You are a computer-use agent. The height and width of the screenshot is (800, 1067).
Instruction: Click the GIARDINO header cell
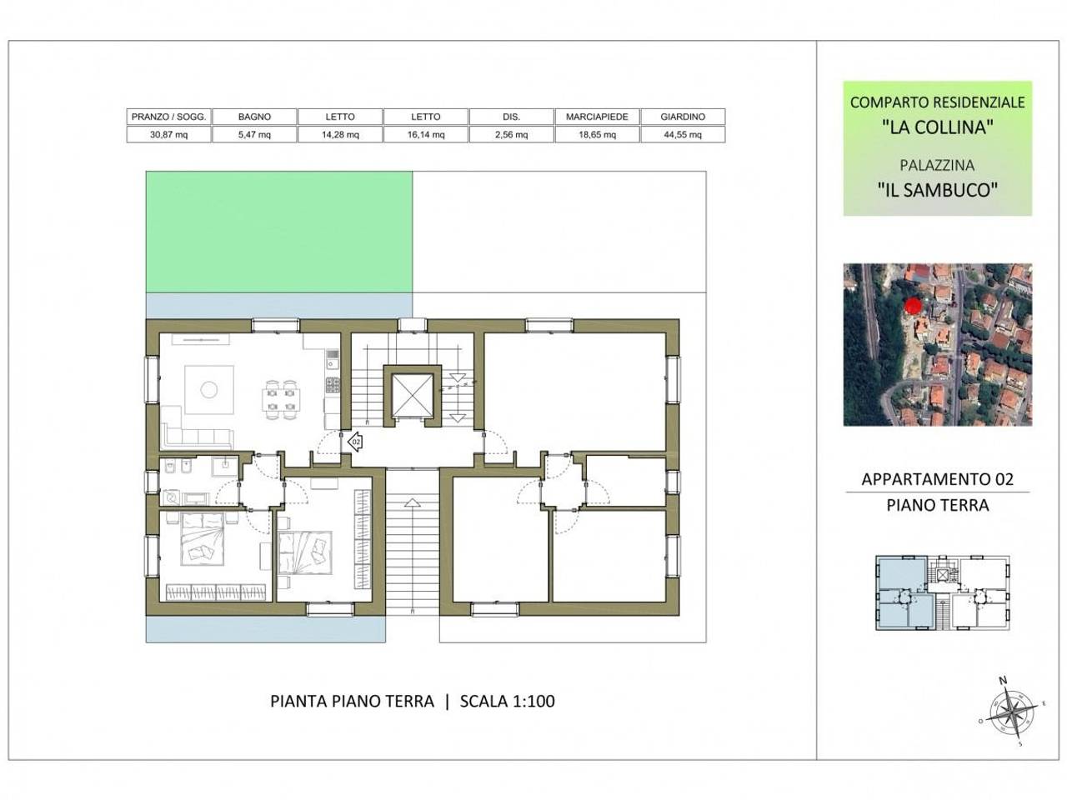click(683, 117)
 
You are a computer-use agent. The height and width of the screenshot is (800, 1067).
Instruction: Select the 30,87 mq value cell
click(168, 134)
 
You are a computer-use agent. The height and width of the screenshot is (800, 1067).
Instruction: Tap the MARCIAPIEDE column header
click(597, 117)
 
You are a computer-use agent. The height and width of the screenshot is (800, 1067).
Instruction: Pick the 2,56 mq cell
click(511, 134)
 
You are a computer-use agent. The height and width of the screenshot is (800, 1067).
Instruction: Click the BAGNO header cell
click(254, 117)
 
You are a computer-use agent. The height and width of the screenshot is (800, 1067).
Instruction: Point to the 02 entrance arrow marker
click(355, 442)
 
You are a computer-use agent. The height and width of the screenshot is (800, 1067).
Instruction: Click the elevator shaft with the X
click(413, 395)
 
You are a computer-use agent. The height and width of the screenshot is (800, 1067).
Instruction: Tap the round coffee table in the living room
click(209, 389)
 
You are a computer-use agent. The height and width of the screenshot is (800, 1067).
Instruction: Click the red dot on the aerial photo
click(913, 306)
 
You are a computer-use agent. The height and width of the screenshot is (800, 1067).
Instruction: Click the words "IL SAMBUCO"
click(937, 189)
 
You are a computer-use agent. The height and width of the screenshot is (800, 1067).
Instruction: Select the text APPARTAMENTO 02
click(937, 479)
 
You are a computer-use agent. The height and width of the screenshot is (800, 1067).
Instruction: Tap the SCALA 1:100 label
click(507, 701)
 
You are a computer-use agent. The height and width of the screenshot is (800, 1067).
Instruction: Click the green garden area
click(279, 232)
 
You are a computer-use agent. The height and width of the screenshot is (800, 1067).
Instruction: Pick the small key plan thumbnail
click(943, 592)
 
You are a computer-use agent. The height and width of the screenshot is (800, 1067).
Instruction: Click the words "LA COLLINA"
click(937, 127)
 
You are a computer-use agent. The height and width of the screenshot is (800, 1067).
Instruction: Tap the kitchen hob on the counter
click(333, 385)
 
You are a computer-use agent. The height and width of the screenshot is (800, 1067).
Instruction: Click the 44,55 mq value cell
click(683, 134)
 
